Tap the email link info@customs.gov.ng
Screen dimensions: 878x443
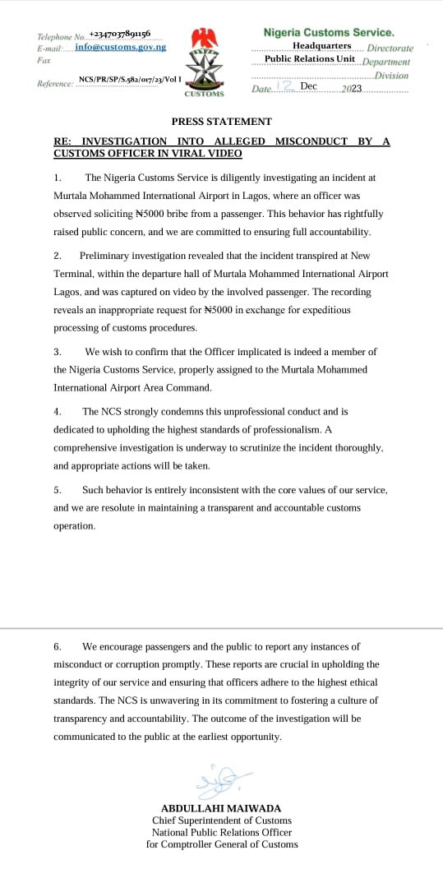(120, 47)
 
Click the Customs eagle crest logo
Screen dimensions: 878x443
(203, 62)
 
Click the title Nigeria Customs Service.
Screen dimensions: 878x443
(328, 32)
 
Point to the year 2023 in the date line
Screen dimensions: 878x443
(351, 87)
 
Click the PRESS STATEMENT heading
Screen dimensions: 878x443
(222, 121)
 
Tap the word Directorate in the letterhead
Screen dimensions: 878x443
(390, 48)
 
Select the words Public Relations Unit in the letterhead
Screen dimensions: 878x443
(310, 58)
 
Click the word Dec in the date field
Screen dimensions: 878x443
(309, 85)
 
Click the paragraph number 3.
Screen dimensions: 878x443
(57, 351)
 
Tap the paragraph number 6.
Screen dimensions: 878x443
(57, 647)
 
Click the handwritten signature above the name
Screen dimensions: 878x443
(222, 774)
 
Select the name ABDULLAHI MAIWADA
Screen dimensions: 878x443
(222, 808)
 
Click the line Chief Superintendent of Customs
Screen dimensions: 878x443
(222, 820)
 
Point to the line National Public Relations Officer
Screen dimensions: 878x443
(222, 832)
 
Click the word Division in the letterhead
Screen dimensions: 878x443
(391, 75)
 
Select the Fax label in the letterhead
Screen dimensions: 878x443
(44, 61)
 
